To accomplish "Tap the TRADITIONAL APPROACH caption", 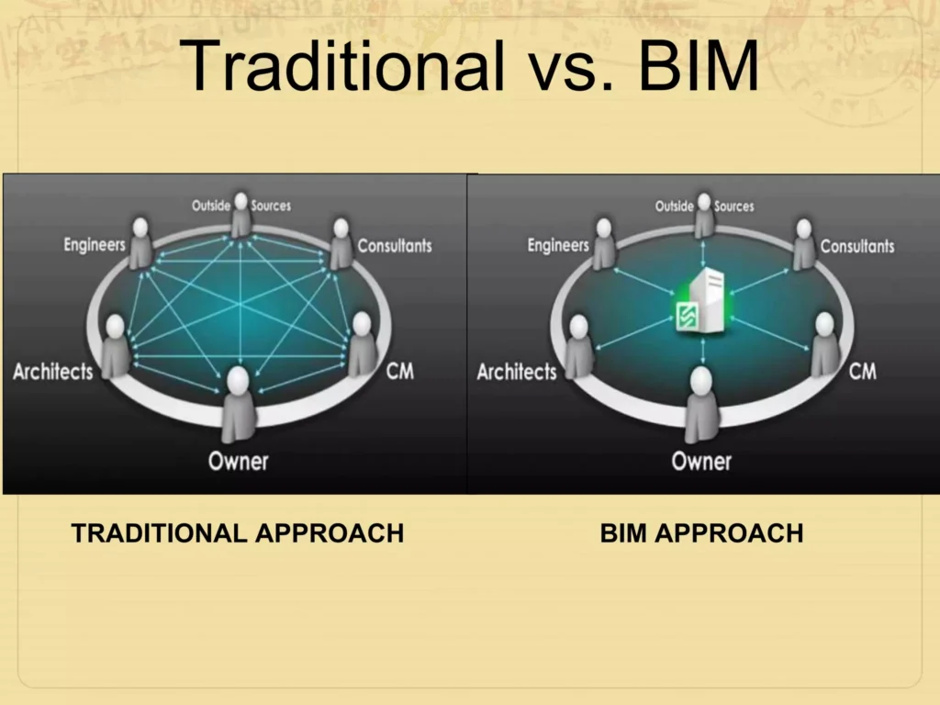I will tap(237, 533).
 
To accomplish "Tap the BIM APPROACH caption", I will tap(701, 533).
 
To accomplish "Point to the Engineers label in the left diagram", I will tap(94, 245).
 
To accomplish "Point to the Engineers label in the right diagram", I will tap(557, 245).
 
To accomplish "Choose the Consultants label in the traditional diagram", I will tap(394, 246).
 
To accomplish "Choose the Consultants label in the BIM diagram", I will tap(857, 246).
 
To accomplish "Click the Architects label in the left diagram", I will tap(52, 372).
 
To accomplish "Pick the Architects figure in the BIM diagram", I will tap(579, 346).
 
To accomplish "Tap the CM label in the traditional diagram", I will tap(399, 371).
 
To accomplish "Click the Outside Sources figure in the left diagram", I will tap(241, 215).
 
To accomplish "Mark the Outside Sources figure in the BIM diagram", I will tap(704, 215).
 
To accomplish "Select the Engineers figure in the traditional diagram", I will tap(140, 242).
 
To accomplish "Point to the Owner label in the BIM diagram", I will tap(701, 460).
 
